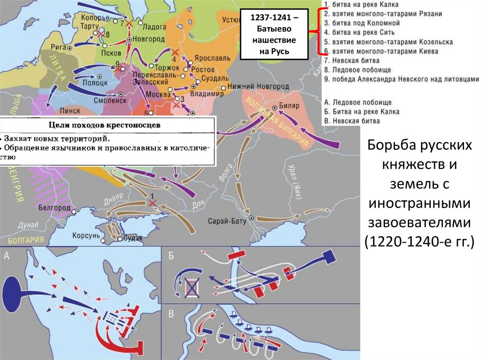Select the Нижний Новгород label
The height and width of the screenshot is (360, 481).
[x=258, y=87]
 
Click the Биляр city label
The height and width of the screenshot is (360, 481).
[x=289, y=106]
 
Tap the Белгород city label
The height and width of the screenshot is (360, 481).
[x=55, y=207]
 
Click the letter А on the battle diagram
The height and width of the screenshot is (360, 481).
[x=7, y=255]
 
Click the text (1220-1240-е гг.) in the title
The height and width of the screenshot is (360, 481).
[x=419, y=242]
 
